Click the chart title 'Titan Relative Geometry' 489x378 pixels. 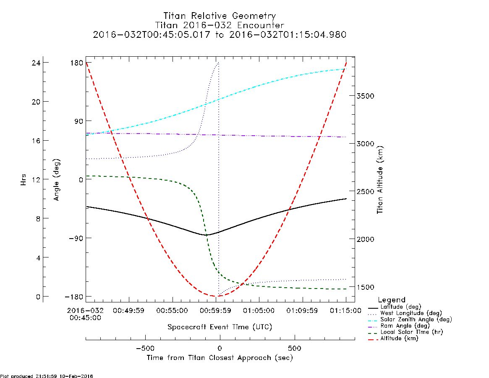(x=220, y=16)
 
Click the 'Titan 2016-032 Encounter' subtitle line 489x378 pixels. (x=220, y=25)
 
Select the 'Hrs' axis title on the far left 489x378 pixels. (x=23, y=179)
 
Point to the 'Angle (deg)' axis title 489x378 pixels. (x=56, y=180)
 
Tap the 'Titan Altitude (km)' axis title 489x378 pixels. (x=380, y=180)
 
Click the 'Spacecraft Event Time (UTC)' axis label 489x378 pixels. (x=220, y=327)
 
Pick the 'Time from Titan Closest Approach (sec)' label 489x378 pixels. (x=220, y=357)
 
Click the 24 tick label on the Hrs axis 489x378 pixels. (x=36, y=63)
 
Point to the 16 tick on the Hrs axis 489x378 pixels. (x=36, y=141)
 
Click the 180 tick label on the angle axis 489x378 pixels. (x=76, y=63)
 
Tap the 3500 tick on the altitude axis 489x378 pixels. (x=366, y=96)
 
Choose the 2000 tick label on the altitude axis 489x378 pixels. (x=366, y=239)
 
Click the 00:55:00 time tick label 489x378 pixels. (x=172, y=310)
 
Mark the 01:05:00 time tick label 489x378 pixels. (x=259, y=310)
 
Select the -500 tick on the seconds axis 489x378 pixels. (x=145, y=348)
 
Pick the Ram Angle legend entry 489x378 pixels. (x=399, y=326)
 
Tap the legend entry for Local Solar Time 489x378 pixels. (x=406, y=332)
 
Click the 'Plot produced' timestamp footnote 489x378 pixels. (x=47, y=376)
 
